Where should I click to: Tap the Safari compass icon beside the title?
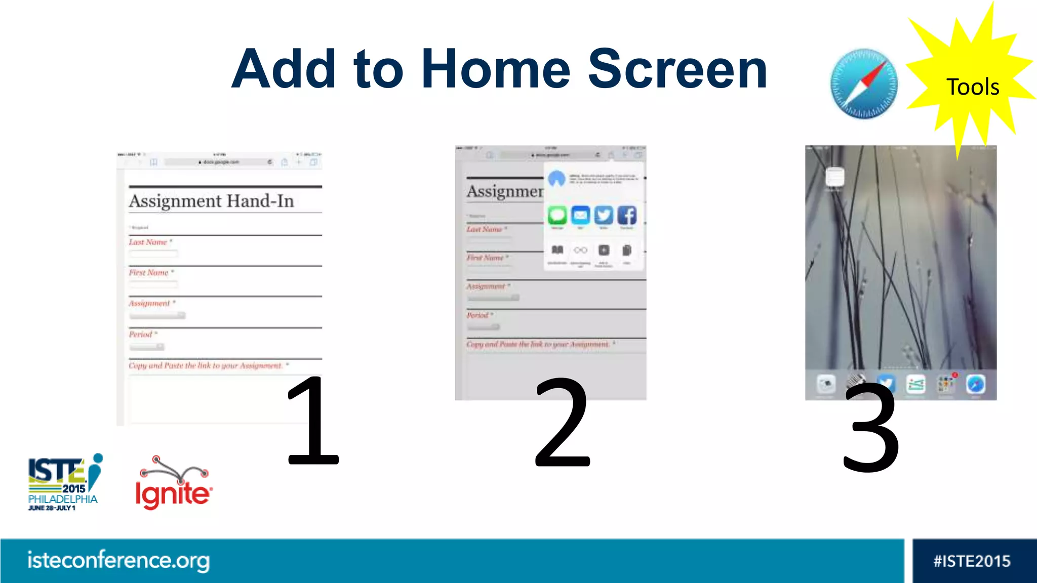[864, 84]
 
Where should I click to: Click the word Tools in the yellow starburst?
[972, 87]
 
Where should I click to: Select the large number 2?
[562, 423]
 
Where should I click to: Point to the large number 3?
[871, 428]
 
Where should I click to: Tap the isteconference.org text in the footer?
[118, 560]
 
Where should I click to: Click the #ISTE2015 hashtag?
[972, 561]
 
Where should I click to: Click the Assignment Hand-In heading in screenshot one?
[211, 201]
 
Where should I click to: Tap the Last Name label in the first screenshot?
[148, 242]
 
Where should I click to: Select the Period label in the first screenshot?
[140, 335]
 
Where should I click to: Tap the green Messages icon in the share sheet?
[557, 216]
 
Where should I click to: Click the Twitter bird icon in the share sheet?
[604, 216]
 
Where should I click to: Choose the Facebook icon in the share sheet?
[627, 216]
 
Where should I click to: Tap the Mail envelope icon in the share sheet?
[580, 216]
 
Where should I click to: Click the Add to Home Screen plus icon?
[604, 250]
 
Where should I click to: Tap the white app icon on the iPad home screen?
[834, 177]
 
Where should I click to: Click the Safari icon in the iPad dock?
[975, 384]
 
